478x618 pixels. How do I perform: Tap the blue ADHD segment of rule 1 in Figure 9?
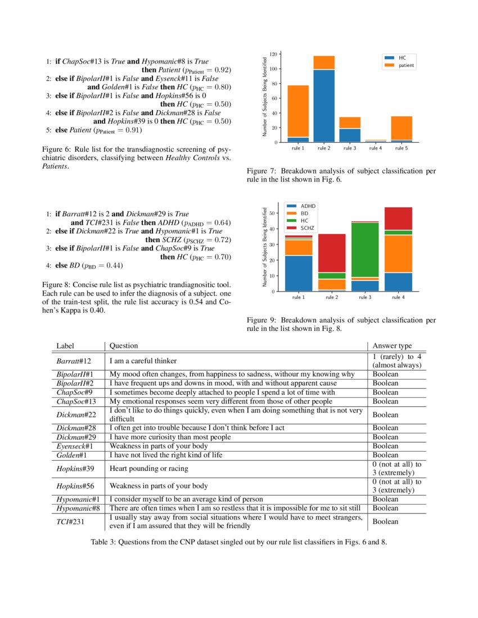click(297, 273)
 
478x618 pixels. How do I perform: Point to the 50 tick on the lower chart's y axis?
click(273, 213)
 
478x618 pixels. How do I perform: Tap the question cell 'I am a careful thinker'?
click(143, 361)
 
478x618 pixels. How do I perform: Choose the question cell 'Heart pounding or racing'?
click(148, 469)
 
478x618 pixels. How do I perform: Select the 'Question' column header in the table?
click(123, 346)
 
